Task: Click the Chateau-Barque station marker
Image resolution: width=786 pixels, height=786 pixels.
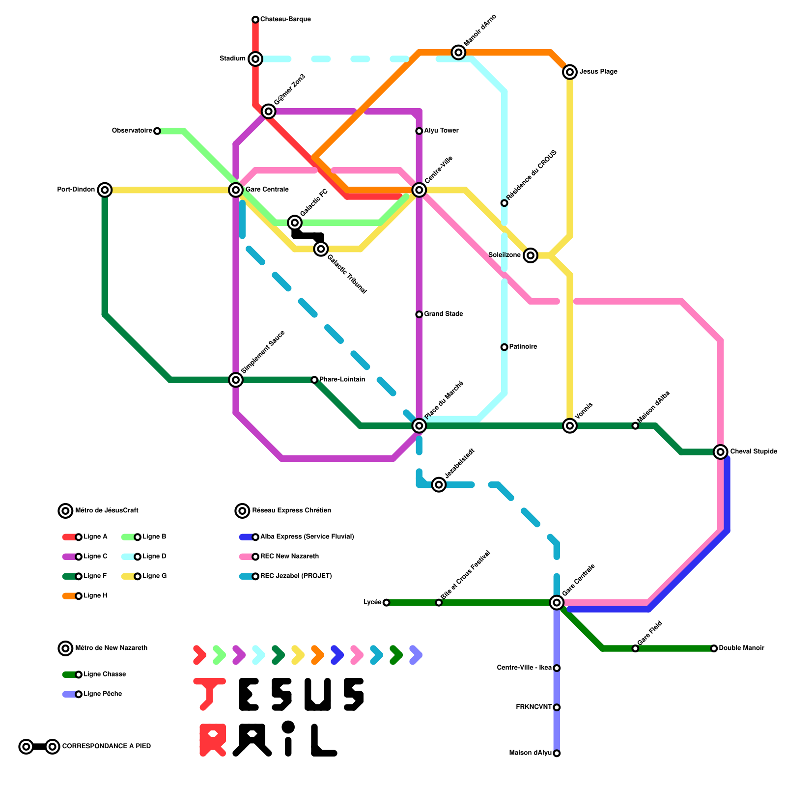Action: (255, 20)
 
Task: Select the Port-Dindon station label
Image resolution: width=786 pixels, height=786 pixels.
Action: (76, 190)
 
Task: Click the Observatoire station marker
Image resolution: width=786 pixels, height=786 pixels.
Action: (157, 131)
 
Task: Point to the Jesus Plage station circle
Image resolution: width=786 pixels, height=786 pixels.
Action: (570, 72)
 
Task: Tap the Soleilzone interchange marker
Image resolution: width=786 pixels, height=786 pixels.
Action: (530, 255)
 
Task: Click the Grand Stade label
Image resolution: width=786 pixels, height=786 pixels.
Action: (444, 314)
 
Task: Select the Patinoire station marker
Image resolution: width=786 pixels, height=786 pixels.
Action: (504, 347)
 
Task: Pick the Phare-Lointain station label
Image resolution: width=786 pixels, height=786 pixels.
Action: (342, 380)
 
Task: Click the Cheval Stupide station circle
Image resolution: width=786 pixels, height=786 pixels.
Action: (721, 452)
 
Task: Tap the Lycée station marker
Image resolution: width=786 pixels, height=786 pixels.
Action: (386, 603)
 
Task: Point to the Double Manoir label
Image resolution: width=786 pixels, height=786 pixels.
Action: (741, 648)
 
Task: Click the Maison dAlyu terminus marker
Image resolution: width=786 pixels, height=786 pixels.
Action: (557, 753)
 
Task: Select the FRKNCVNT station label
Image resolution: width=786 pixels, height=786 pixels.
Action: (534, 707)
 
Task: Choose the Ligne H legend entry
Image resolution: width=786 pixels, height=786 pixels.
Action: (95, 596)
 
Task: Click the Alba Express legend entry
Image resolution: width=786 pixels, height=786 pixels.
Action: (307, 537)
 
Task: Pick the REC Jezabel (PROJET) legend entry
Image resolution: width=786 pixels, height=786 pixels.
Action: (296, 576)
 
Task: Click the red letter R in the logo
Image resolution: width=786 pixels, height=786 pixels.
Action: (213, 740)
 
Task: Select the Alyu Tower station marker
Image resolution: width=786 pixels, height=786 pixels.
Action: (419, 131)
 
